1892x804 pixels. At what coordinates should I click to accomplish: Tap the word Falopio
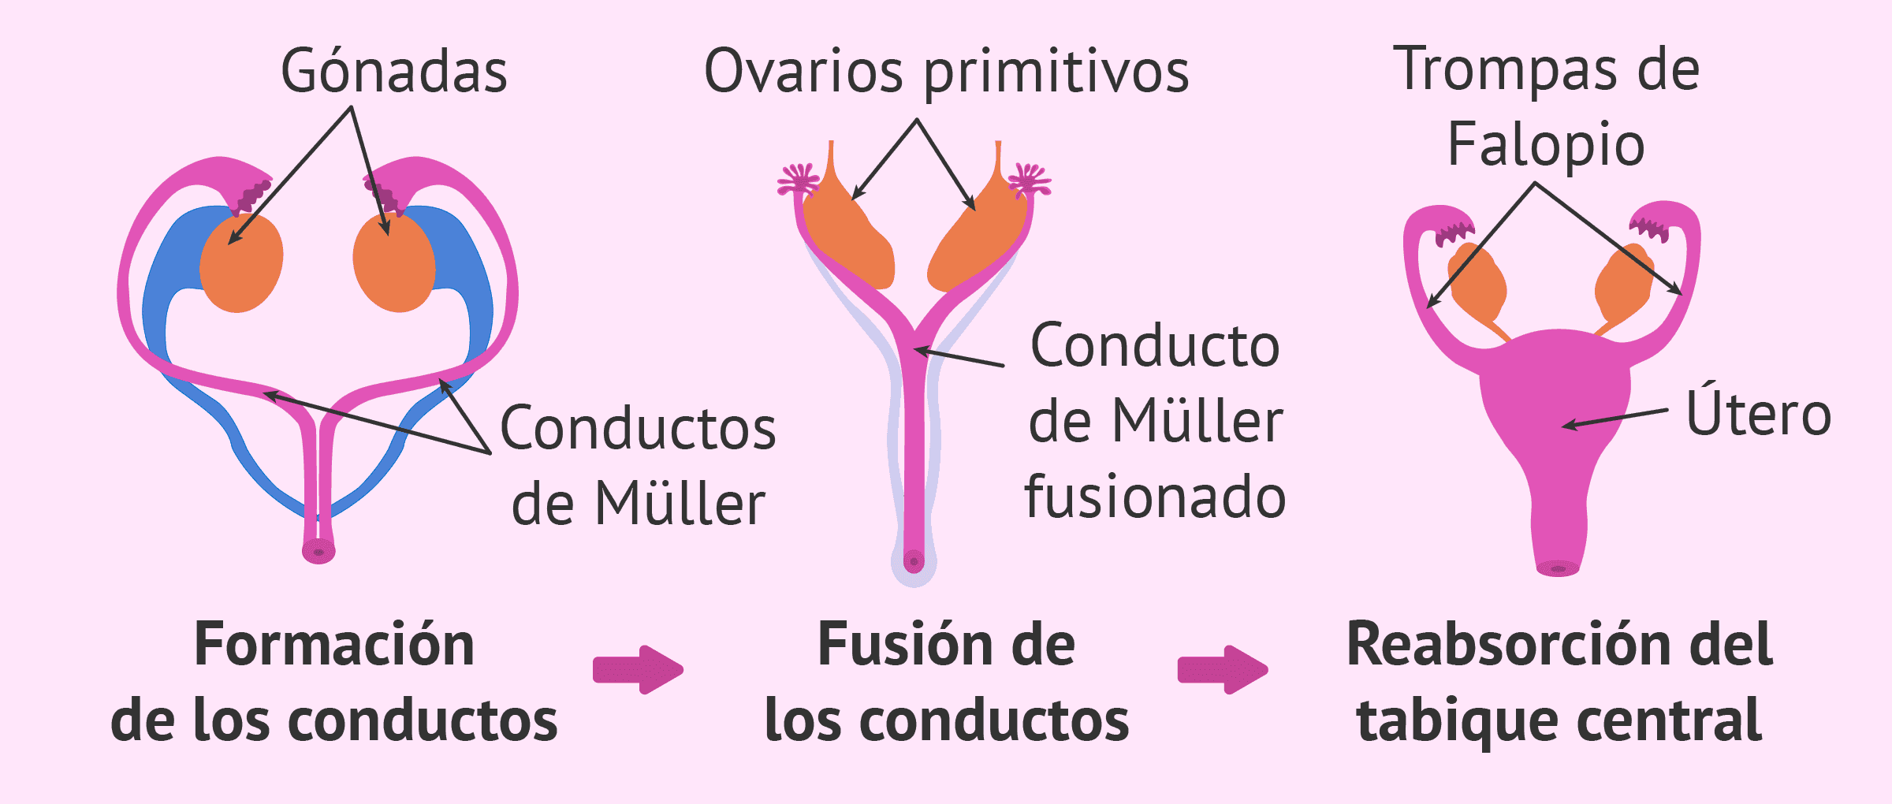tap(1546, 146)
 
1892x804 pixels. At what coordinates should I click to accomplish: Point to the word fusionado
tap(1155, 498)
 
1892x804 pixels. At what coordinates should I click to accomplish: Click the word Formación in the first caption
tap(334, 645)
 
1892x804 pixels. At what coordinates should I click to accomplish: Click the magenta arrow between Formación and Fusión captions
tap(638, 670)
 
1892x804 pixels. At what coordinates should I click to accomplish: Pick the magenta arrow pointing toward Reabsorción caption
tap(1222, 670)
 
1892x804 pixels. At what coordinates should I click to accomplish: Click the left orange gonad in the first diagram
tap(241, 264)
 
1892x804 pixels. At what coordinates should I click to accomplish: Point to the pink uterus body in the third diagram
tap(1557, 394)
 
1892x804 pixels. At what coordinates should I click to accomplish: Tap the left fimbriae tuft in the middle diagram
tap(799, 180)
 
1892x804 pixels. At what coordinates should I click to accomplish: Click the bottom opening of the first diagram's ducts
tap(318, 552)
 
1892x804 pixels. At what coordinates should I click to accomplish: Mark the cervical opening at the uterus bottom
tap(1558, 568)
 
